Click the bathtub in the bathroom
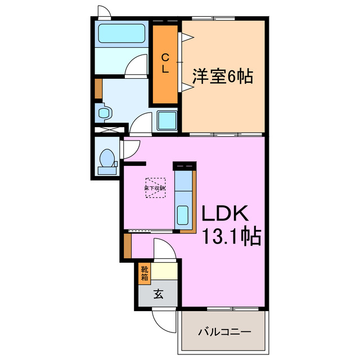[122, 34]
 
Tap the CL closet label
[165, 63]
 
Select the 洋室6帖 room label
[222, 76]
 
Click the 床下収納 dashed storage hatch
[155, 188]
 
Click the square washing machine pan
[167, 120]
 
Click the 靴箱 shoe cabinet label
[145, 273]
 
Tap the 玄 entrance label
[158, 294]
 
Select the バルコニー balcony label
[223, 332]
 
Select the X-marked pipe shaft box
[105, 129]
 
